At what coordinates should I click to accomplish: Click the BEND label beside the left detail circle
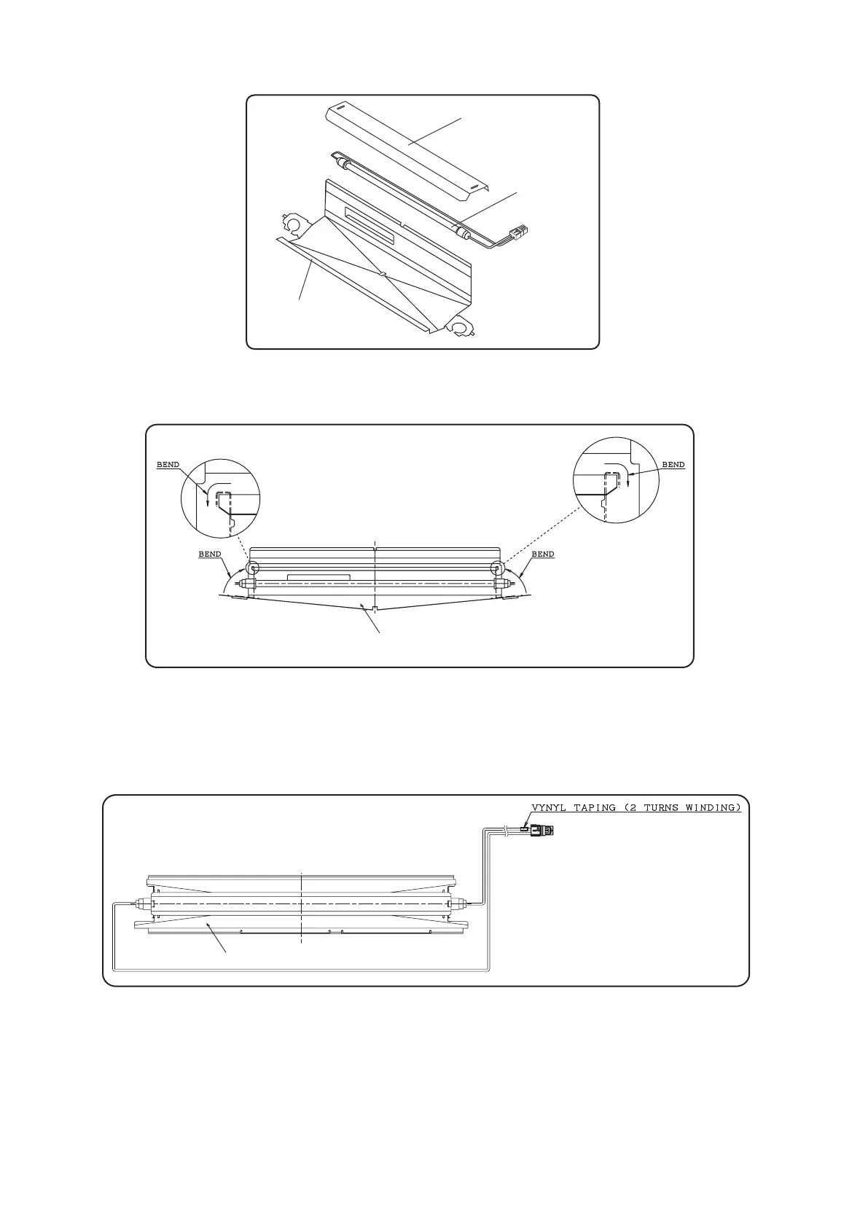pos(168,465)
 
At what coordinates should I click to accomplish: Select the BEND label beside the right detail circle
pos(673,465)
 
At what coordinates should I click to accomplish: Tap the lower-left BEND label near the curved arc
pos(210,554)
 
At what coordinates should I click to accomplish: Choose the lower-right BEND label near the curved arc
pos(543,554)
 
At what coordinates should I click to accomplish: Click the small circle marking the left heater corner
pos(251,568)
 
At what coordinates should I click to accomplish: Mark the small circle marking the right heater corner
pos(497,568)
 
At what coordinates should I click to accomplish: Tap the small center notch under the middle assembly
pos(374,609)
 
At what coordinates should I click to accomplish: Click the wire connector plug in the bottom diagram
pos(542,830)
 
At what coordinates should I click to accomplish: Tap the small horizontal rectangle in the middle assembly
pos(318,577)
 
